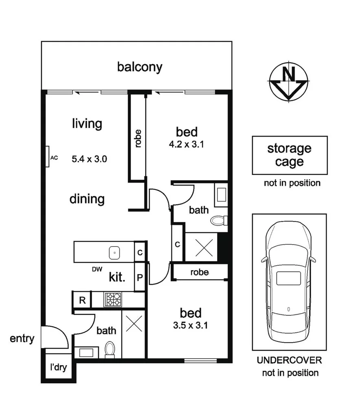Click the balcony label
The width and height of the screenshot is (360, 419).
click(x=139, y=67)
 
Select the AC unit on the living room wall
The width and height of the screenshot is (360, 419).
click(x=47, y=157)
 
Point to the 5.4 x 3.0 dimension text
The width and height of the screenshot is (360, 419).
click(x=89, y=159)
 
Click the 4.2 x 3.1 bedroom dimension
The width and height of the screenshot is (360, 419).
click(x=187, y=144)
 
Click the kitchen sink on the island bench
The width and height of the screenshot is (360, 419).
click(x=115, y=253)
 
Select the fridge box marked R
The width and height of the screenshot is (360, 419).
click(x=82, y=301)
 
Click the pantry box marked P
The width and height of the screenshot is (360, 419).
click(x=140, y=278)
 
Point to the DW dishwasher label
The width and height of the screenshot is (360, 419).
click(x=97, y=269)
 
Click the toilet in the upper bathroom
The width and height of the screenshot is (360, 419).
click(x=219, y=220)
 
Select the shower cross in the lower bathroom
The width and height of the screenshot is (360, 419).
click(x=133, y=323)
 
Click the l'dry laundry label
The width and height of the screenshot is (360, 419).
click(x=58, y=368)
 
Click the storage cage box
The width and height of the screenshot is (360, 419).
click(x=289, y=155)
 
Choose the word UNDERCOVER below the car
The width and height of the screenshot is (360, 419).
click(x=289, y=360)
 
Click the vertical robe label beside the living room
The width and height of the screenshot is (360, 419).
click(x=138, y=138)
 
